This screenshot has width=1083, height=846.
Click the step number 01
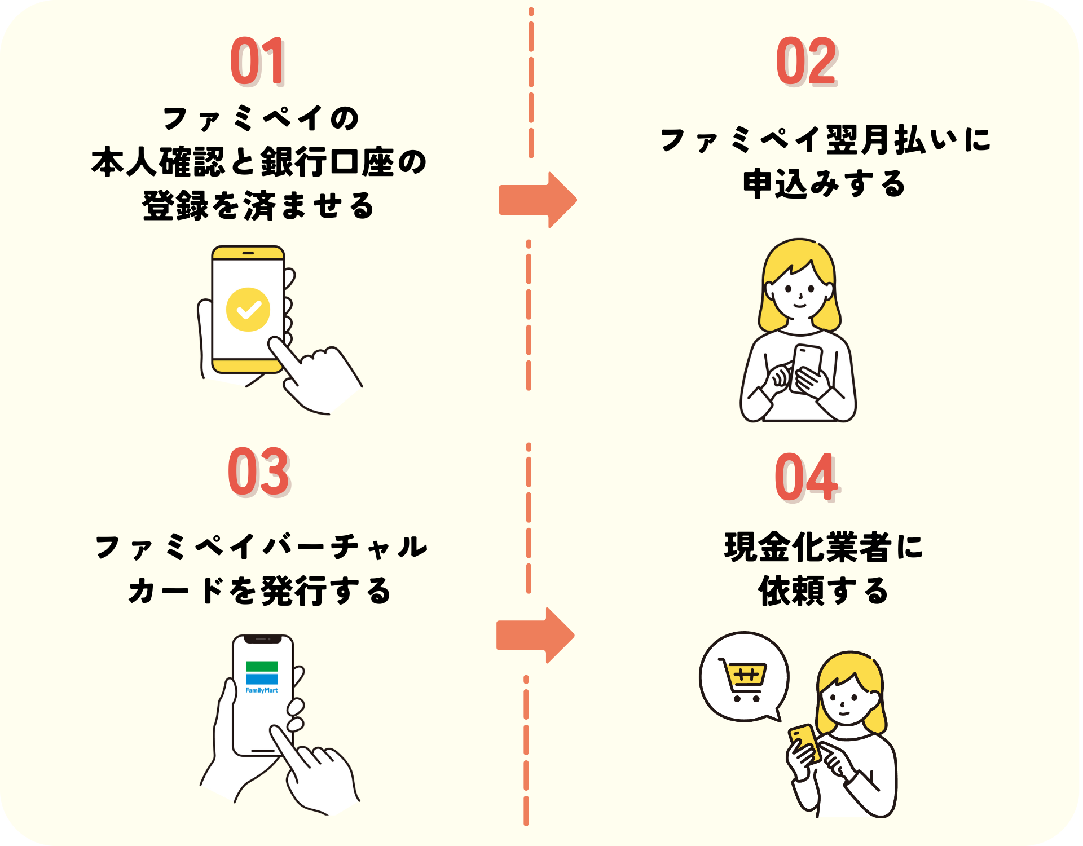[x=257, y=61]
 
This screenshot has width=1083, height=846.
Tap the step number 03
[x=258, y=472]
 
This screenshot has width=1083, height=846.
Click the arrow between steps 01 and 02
[x=537, y=200]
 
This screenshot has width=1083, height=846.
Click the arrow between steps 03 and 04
[x=535, y=636]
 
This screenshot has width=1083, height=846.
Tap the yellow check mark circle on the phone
[x=248, y=310]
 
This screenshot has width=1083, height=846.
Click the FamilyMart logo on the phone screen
[x=261, y=676]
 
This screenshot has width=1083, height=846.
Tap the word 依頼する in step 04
[x=824, y=591]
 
